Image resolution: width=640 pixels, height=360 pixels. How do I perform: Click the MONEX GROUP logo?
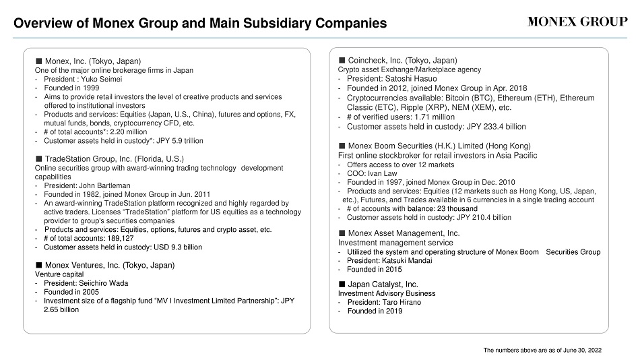577,22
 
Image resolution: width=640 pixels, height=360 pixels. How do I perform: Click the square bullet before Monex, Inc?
39,61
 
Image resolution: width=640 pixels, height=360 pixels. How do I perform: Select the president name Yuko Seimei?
101,80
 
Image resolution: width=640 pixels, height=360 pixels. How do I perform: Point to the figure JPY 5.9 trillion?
180,141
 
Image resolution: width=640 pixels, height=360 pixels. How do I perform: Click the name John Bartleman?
104,185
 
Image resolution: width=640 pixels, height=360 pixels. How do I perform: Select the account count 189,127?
121,238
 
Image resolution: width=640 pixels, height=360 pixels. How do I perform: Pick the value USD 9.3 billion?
178,247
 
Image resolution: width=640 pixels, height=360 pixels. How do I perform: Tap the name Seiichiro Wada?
103,283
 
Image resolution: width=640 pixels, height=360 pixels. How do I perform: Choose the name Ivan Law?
384,173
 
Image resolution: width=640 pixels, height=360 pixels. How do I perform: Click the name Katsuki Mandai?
407,261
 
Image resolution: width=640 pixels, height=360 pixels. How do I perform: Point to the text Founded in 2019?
375,311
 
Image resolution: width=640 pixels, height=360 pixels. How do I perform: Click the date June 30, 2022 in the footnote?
582,350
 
